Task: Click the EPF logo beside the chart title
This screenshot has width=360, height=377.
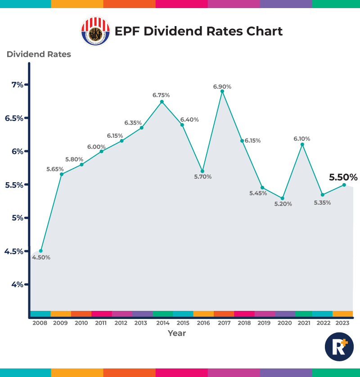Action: [x=95, y=31]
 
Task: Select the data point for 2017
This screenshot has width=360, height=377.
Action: [x=222, y=91]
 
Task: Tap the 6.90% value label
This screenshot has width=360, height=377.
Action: [x=222, y=86]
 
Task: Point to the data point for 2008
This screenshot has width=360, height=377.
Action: [x=41, y=251]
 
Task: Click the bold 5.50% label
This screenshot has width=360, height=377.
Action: [x=343, y=177]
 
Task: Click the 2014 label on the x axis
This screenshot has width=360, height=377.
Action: [x=162, y=323]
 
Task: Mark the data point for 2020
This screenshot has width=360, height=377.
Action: [x=283, y=198]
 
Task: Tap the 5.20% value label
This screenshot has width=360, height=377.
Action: [x=283, y=204]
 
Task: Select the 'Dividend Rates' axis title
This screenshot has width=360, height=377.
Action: [x=39, y=54]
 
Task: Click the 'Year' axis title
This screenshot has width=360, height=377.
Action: [x=177, y=333]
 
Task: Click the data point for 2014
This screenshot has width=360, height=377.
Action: [x=162, y=101]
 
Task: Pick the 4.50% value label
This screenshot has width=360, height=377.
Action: [x=41, y=258]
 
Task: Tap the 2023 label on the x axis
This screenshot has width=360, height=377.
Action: [x=343, y=323]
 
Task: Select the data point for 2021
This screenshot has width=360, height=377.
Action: [x=302, y=144]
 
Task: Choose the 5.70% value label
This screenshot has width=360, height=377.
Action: [x=203, y=177]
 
